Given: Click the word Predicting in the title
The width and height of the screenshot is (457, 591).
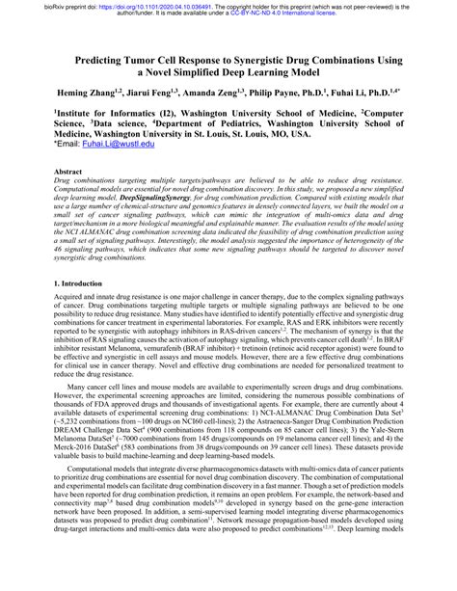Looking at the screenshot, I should tap(107, 58).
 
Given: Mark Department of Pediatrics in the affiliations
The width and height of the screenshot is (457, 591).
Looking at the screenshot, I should tap(274, 123).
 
